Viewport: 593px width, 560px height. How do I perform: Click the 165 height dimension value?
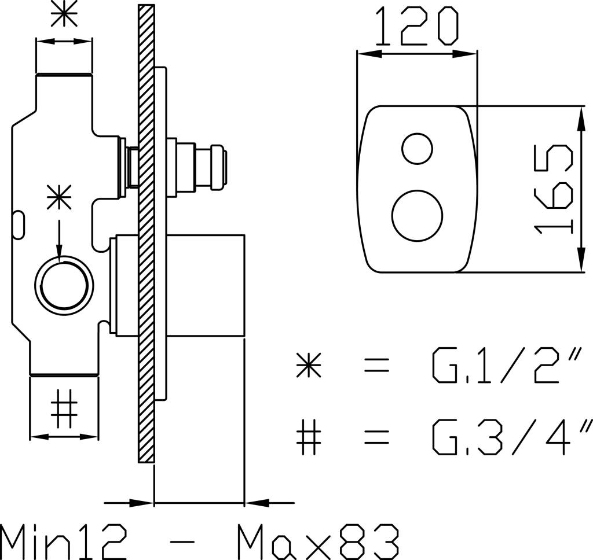554,189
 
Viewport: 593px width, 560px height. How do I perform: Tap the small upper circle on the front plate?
417,149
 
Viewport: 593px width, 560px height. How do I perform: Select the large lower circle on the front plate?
417,216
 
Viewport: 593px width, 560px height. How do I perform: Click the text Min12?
63,541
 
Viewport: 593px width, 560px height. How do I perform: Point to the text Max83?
318,541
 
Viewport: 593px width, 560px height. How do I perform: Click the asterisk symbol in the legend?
309,365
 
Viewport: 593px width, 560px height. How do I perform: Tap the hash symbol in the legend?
309,437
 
